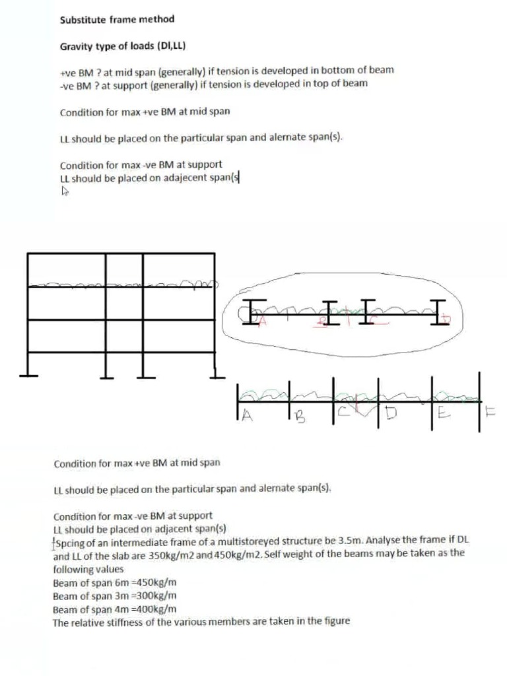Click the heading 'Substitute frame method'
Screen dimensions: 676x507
click(x=117, y=19)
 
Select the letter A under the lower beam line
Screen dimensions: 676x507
click(x=244, y=415)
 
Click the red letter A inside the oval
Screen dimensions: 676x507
click(x=262, y=320)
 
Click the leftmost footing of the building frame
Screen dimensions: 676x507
click(x=28, y=376)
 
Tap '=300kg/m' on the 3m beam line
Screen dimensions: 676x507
click(x=152, y=596)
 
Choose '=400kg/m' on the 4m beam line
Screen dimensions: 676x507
click(x=153, y=609)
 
